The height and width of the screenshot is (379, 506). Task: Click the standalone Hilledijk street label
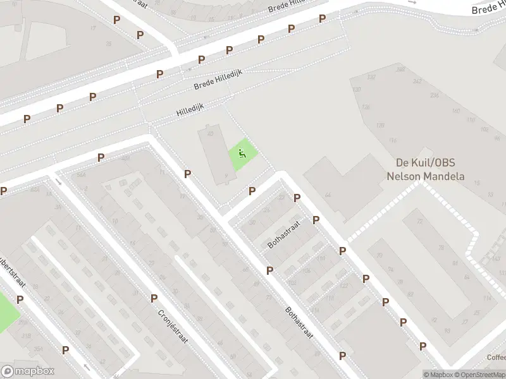191,111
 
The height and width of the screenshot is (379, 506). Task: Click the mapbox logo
28,371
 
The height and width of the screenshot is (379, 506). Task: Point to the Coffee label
497,357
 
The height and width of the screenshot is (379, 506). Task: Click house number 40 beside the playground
210,134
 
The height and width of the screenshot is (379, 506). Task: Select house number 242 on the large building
417,81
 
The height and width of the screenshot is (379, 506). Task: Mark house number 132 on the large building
371,77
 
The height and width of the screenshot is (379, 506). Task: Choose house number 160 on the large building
455,111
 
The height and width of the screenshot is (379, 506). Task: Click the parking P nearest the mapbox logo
65,350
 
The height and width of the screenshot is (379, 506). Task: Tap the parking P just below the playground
252,191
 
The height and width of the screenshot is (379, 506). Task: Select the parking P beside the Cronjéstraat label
154,298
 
